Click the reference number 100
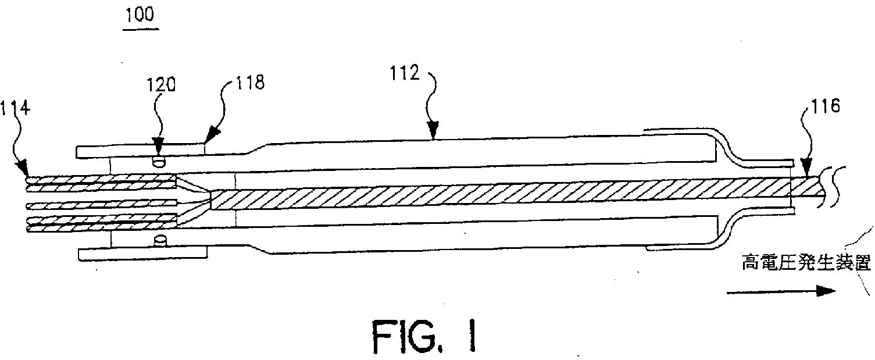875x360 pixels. (138, 14)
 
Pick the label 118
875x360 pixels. (249, 83)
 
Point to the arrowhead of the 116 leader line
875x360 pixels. (806, 173)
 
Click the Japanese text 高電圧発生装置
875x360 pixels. (804, 264)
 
